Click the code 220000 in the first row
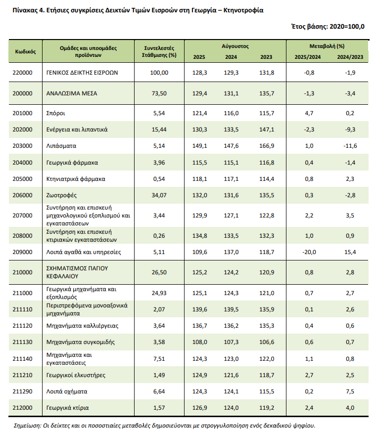pos(22,73)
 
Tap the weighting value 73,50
pos(159,93)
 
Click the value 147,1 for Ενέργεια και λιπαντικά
pos(266,129)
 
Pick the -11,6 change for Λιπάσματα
pos(350,146)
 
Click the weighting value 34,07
pos(159,195)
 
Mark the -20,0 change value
pos(308,252)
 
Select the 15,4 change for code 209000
pos(350,252)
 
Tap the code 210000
pos(22,272)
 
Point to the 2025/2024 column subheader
pos(308,57)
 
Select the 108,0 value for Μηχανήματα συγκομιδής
pos(199,342)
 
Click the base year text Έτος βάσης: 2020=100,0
pos(328,27)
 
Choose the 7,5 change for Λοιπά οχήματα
pos(350,391)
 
